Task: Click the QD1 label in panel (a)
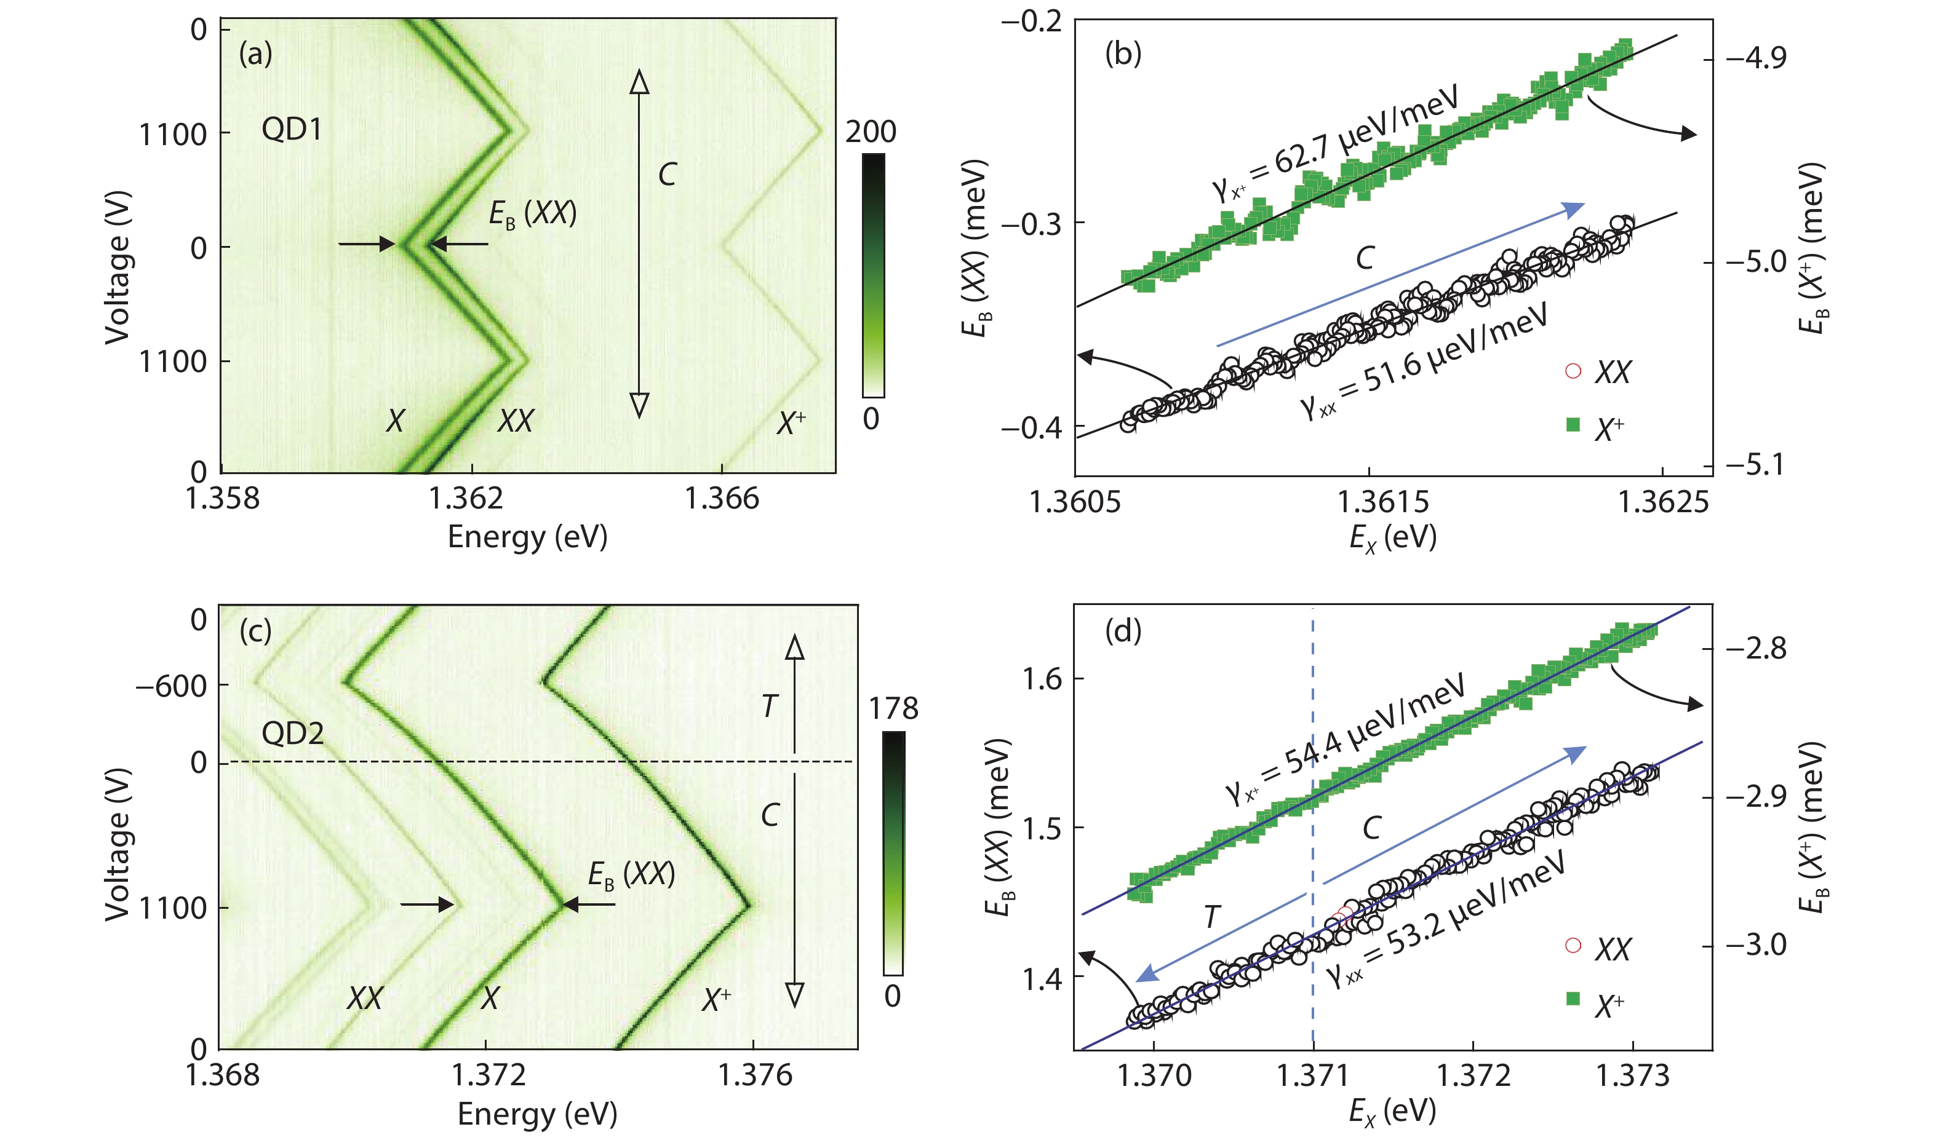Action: [292, 129]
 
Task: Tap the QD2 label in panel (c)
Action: [292, 734]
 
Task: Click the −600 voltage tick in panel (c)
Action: [171, 686]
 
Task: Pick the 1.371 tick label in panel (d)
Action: [1313, 1075]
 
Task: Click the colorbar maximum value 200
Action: [871, 132]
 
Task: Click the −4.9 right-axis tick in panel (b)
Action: [1756, 58]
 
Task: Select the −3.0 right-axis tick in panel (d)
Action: [1756, 944]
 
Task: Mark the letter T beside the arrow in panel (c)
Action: [769, 706]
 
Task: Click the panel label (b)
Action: [1123, 54]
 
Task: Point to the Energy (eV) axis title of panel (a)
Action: [528, 537]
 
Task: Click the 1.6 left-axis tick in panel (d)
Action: [1043, 679]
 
